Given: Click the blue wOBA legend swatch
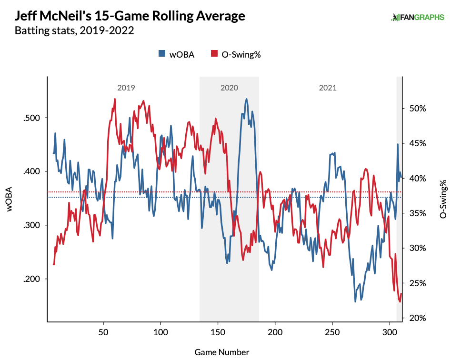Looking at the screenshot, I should tap(162, 54).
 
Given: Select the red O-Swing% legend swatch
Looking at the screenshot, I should tap(214, 54).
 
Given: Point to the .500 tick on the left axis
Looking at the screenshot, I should tap(32, 118).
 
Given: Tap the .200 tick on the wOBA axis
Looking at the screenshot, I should tap(32, 279).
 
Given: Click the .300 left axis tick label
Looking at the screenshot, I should tap(32, 225).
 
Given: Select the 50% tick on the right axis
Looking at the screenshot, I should tap(417, 108).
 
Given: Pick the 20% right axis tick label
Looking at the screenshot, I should tap(417, 318).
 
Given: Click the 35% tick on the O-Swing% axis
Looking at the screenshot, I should tap(417, 213).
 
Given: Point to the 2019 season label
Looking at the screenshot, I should tap(126, 88).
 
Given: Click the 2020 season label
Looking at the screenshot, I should tap(229, 88).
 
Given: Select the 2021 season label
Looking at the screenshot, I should tap(328, 88).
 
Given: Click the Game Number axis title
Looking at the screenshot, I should tap(221, 352).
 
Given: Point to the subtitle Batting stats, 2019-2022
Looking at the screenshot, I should tap(74, 31).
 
